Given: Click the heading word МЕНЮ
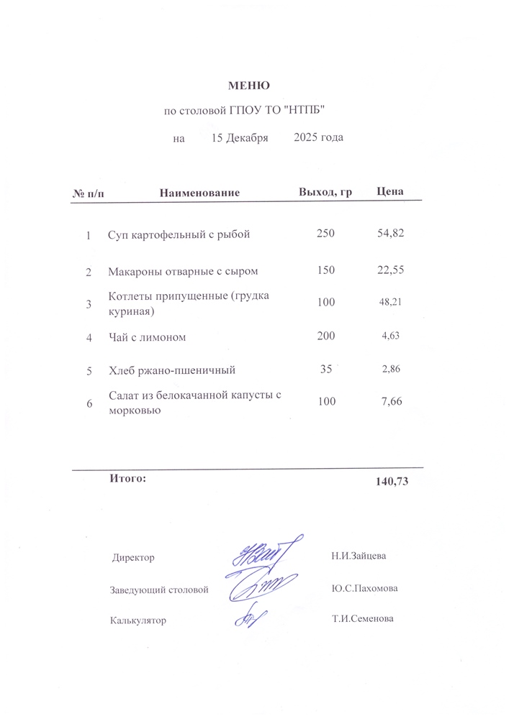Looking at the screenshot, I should (x=249, y=86).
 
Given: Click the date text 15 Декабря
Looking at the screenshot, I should (x=240, y=137).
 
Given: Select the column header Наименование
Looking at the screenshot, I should (x=199, y=193).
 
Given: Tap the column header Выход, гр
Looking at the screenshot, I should (x=325, y=192).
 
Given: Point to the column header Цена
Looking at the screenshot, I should (x=390, y=192).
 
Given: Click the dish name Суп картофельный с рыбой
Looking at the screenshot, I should (x=179, y=234).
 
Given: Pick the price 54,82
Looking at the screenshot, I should (x=392, y=234).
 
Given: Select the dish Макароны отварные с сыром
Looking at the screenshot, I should (x=183, y=272).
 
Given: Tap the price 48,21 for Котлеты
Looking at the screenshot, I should (x=390, y=303).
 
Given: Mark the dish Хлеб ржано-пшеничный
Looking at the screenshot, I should (x=171, y=371).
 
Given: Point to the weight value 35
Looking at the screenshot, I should (x=325, y=370).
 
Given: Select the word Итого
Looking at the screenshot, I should (x=127, y=477).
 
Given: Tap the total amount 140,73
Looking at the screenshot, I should (x=392, y=482).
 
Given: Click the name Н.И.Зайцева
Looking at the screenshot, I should (x=359, y=556).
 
